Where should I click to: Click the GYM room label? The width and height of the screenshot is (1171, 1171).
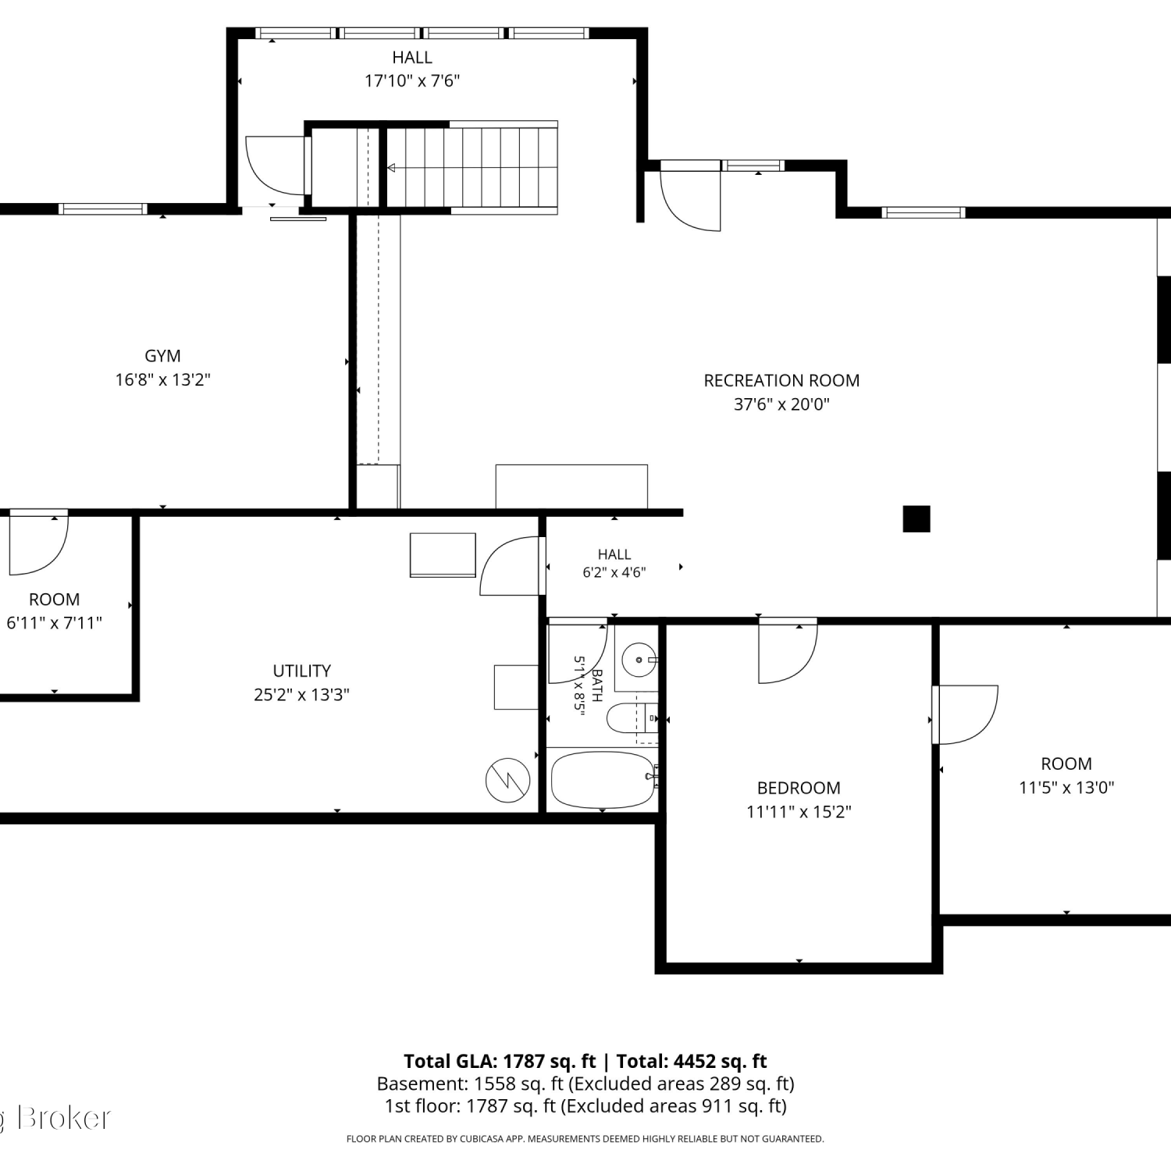[x=162, y=356]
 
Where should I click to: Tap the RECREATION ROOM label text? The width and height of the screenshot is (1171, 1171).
[x=781, y=381]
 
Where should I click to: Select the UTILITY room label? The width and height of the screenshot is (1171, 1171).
[x=301, y=671]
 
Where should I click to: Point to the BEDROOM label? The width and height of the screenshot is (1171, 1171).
[x=799, y=788]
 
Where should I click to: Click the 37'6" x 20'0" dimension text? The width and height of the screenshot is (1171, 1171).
[x=781, y=404]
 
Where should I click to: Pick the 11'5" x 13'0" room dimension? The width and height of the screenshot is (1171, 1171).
[x=1066, y=787]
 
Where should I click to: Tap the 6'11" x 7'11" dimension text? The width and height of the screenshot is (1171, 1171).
[x=54, y=623]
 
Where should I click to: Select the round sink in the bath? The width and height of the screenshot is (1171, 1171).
[x=639, y=660]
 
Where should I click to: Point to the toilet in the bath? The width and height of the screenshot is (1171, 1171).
[x=632, y=718]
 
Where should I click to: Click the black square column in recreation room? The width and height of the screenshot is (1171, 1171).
[x=917, y=519]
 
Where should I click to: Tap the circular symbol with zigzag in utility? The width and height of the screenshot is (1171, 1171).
[x=508, y=779]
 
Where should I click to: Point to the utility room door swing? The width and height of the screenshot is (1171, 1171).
[x=509, y=566]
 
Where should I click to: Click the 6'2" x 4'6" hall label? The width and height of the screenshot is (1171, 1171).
[x=614, y=563]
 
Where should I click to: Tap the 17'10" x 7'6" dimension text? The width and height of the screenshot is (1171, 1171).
[x=412, y=80]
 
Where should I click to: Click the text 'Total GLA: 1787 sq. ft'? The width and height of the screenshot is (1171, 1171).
[x=500, y=1061]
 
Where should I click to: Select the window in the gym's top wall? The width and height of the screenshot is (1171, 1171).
[x=103, y=208]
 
